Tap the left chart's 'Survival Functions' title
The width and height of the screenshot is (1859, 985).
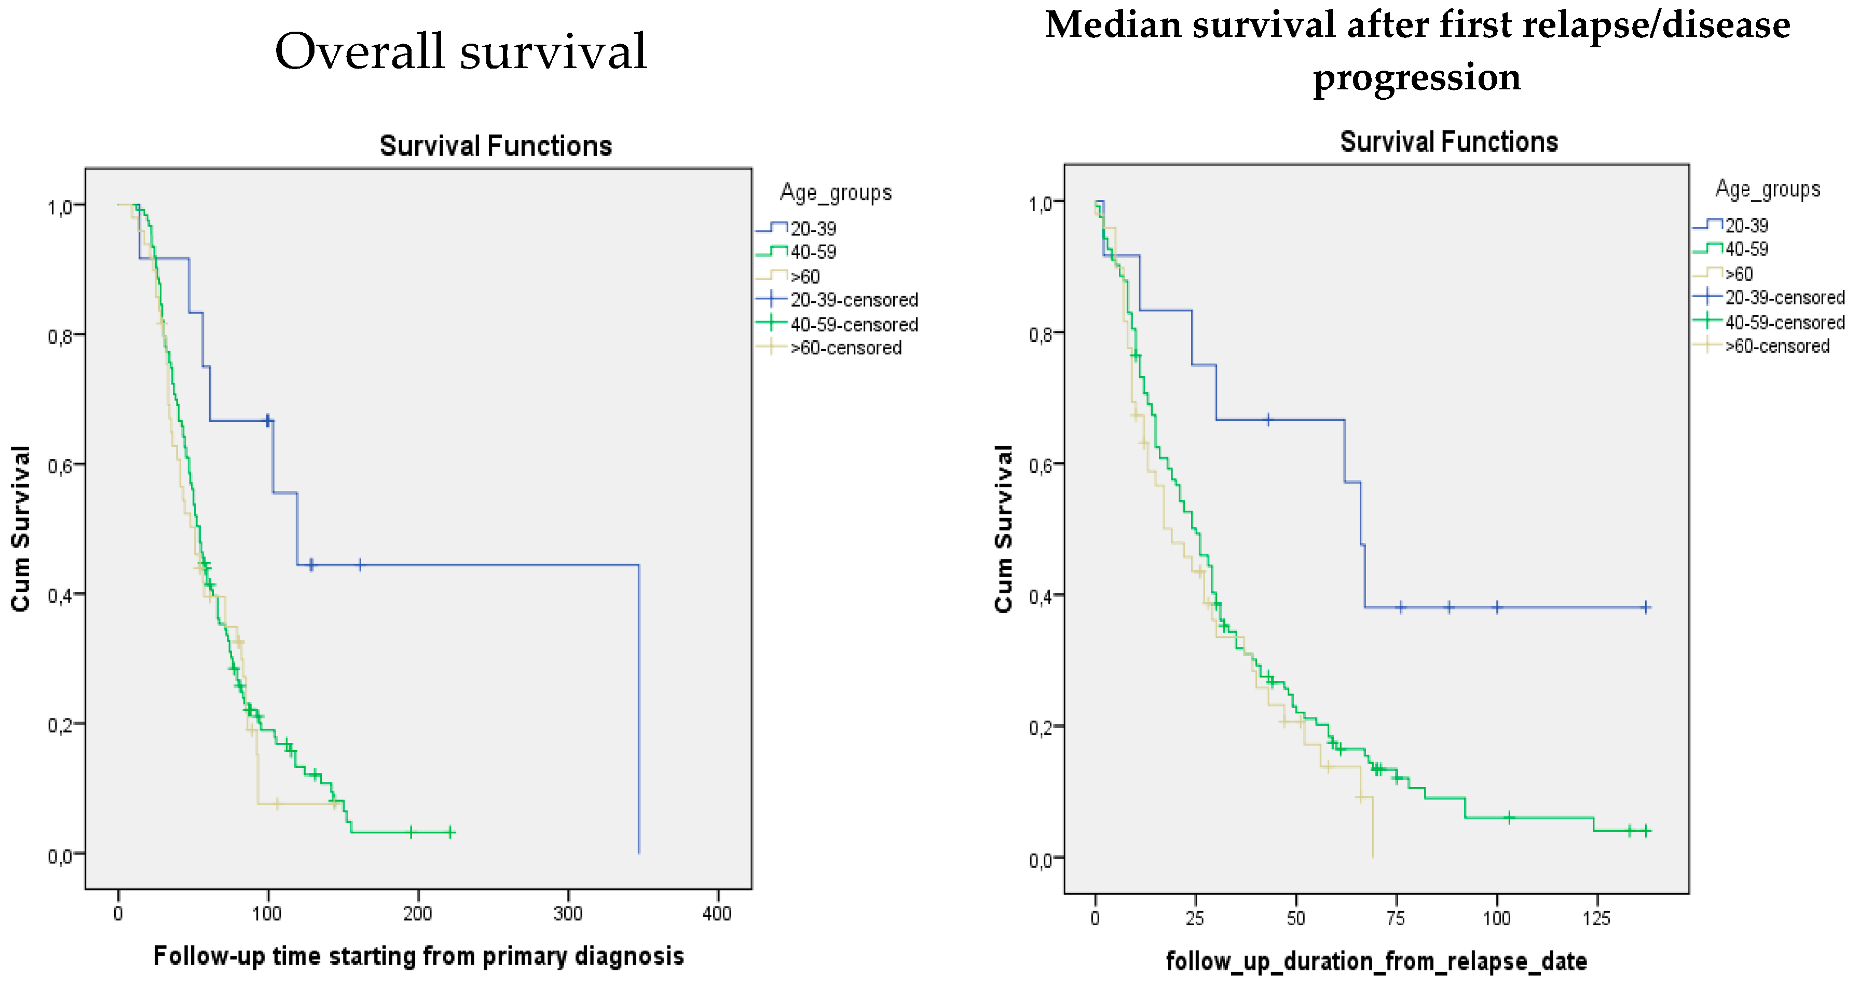[496, 146]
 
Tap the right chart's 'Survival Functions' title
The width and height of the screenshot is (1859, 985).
[1448, 142]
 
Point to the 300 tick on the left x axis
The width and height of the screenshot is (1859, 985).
[568, 913]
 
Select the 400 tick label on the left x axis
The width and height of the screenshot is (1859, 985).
[717, 913]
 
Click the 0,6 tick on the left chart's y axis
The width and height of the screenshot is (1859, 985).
[61, 466]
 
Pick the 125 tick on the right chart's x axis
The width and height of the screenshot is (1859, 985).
[1596, 919]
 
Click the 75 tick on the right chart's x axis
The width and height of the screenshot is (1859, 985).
[1396, 919]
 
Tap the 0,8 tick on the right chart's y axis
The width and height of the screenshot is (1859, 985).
[1040, 335]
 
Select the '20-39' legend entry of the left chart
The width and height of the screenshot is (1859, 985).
[813, 229]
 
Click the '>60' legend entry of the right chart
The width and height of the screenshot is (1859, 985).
[1739, 274]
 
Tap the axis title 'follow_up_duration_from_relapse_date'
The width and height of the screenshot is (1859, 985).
[1376, 961]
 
